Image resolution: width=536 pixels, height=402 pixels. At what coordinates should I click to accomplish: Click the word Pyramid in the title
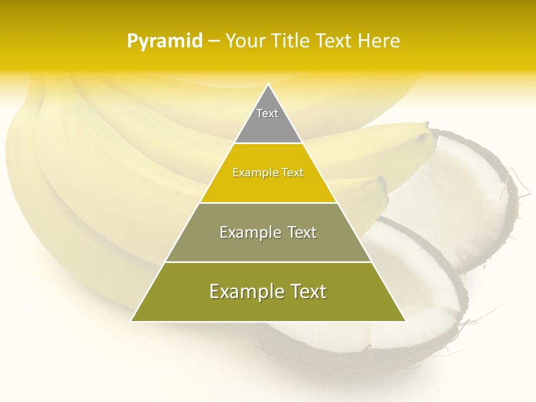164,41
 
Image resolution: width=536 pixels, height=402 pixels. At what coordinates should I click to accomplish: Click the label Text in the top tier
267,113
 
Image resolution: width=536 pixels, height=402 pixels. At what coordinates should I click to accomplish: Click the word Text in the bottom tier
306,291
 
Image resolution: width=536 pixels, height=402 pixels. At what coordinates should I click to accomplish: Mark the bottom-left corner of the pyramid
132,320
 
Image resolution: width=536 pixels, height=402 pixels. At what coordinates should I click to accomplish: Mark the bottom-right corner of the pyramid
405,320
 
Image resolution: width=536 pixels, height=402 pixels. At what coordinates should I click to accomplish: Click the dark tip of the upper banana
431,134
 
